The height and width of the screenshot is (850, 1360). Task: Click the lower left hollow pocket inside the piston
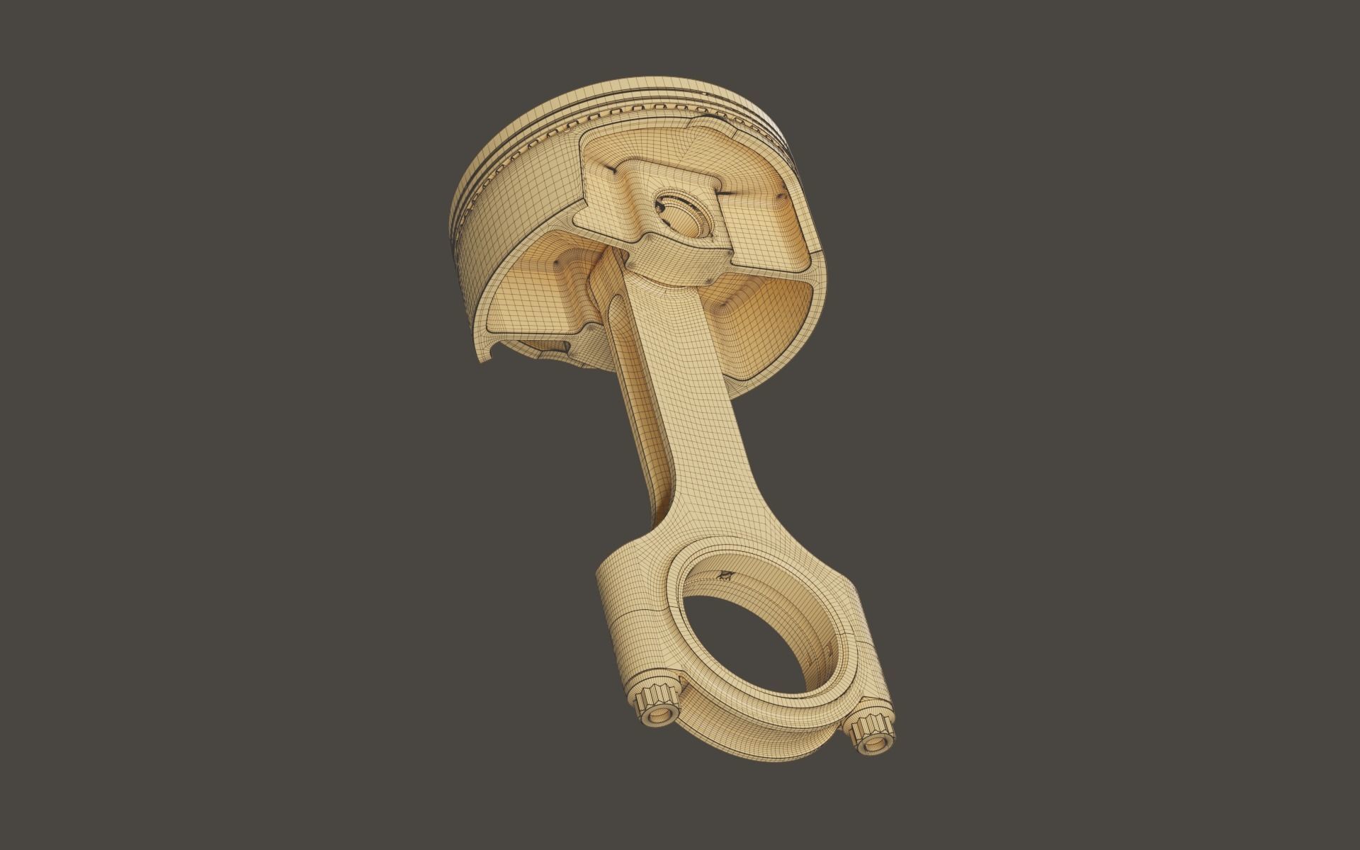(x=538, y=283)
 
